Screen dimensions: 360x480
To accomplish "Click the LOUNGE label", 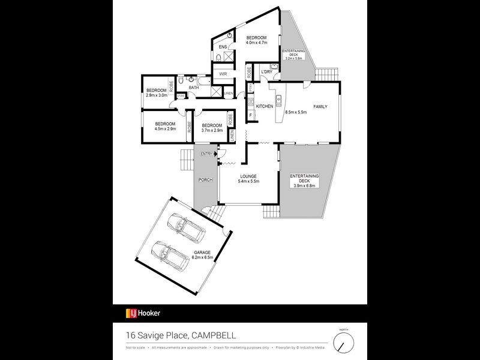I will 248,176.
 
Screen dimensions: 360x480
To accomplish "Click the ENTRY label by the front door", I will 207,154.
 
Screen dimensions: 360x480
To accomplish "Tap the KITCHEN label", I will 265,106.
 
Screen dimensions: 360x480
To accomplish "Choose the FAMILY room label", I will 320,106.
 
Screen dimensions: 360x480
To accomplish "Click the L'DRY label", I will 266,73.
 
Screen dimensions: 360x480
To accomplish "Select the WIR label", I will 223,74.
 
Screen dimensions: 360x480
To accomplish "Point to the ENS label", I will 222,46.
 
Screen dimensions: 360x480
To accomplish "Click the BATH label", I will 193,88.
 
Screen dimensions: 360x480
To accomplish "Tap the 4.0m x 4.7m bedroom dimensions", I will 256,43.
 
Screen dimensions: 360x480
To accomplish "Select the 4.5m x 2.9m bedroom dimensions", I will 165,128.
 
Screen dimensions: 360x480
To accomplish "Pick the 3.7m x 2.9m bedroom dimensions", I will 212,130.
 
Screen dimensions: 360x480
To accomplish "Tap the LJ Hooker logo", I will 143,313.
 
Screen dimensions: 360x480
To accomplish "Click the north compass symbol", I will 344,343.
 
